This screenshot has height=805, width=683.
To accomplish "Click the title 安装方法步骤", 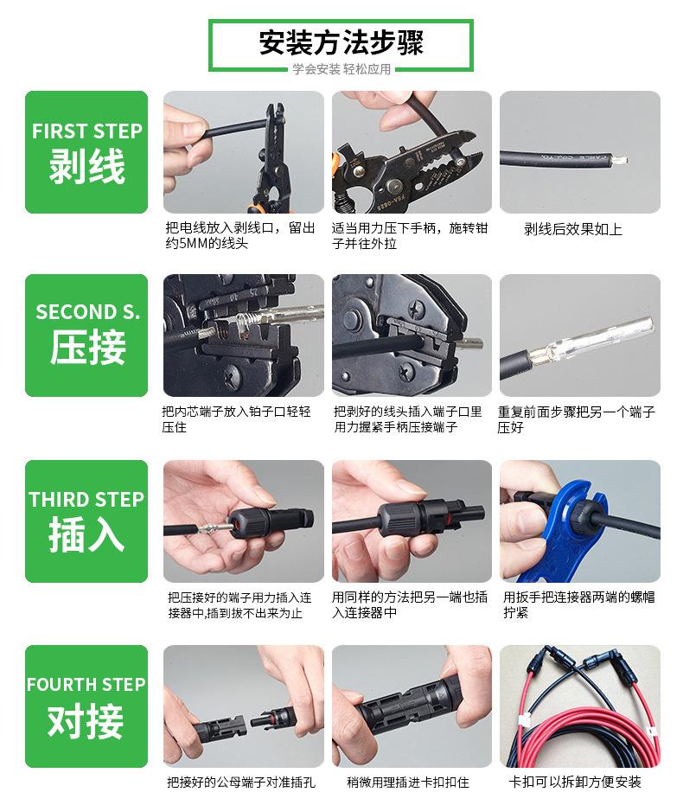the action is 341,42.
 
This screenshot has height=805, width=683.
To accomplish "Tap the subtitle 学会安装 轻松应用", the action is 341,69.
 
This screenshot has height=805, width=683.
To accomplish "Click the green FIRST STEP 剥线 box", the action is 86,152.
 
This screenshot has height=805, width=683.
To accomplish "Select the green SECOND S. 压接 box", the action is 86,335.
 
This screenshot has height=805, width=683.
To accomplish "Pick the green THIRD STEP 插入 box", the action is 86,521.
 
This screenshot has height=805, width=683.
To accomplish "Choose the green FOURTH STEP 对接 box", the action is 86,706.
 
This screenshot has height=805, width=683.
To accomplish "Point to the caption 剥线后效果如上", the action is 572,229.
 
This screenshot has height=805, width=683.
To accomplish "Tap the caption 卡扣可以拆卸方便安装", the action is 575,782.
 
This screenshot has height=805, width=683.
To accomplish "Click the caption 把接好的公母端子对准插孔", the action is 241,782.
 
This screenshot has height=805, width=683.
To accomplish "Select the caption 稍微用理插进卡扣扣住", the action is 408,782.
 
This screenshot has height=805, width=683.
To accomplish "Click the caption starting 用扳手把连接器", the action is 579,604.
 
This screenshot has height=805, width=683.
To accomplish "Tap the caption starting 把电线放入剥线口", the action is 240,235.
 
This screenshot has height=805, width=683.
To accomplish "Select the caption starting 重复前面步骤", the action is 577,418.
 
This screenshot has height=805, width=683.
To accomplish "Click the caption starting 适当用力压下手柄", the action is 410,235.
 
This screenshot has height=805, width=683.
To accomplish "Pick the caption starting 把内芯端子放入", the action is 237,418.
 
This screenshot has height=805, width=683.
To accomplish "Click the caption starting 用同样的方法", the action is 410,604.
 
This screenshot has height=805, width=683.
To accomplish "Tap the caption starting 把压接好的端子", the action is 239,605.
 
